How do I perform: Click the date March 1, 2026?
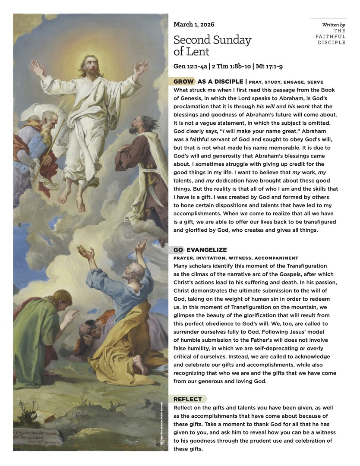(x=194, y=25)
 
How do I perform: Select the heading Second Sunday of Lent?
(x=212, y=46)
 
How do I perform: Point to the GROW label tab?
(x=183, y=82)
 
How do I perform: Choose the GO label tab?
(x=178, y=250)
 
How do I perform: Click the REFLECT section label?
(x=188, y=399)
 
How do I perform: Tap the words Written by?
(x=333, y=25)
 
